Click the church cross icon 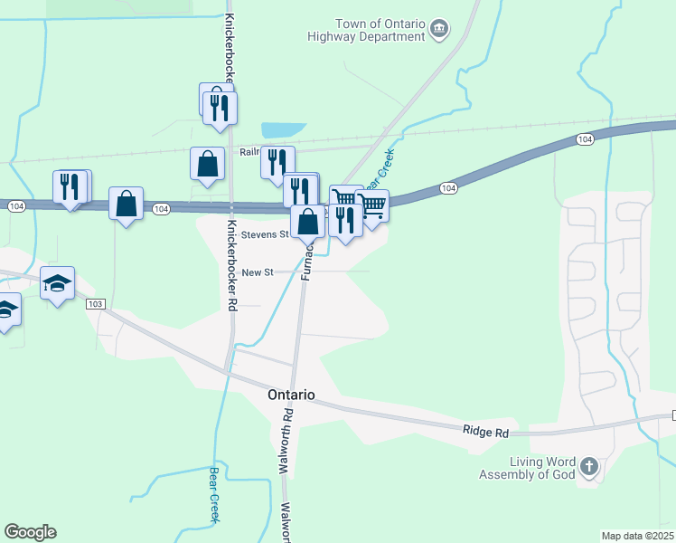tap(588, 467)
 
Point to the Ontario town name tap(291, 395)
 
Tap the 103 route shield tap(97, 304)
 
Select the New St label tap(257, 272)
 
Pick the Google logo tap(30, 532)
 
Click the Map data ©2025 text tap(636, 536)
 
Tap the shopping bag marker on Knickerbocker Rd tap(208, 164)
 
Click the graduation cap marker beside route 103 tap(58, 283)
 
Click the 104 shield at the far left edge tap(15, 207)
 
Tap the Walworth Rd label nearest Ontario tap(285, 441)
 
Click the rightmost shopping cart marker tap(372, 206)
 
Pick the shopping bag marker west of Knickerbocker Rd tap(127, 204)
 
